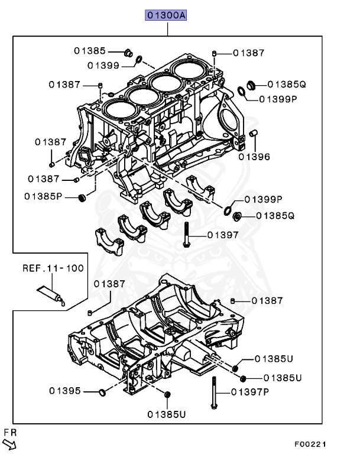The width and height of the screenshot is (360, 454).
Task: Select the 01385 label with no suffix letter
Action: [x=90, y=51]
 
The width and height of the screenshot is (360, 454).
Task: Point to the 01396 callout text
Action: [x=254, y=157]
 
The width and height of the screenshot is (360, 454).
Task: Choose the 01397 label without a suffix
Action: [x=223, y=235]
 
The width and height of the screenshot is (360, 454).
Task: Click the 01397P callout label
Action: [x=250, y=391]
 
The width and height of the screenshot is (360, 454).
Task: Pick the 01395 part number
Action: [x=65, y=391]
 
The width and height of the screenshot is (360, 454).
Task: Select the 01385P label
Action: [x=44, y=196]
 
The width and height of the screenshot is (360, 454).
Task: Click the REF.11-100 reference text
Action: [x=53, y=268]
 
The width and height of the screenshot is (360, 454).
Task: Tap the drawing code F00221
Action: [x=310, y=444]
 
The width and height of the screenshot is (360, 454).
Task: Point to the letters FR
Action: [x=10, y=432]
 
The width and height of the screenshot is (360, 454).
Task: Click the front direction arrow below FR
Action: [x=10, y=443]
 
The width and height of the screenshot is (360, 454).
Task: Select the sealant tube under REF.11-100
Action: [x=52, y=294]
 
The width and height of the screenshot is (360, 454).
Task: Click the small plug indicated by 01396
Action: [x=253, y=133]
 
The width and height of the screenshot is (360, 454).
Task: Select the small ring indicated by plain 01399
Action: [x=139, y=59]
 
